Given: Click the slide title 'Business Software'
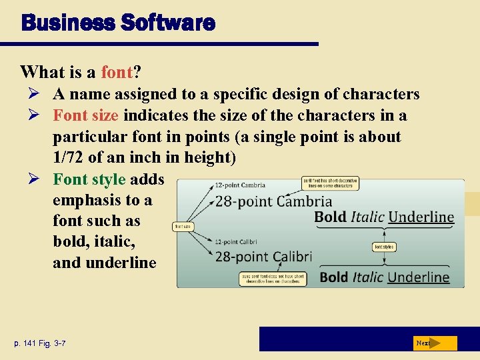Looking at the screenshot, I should pyautogui.click(x=118, y=23).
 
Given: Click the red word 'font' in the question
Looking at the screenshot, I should pyautogui.click(x=117, y=71).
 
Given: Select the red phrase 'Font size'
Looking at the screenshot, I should pyautogui.click(x=86, y=115).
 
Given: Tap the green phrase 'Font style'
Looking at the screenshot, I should pyautogui.click(x=89, y=179).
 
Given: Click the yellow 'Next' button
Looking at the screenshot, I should pyautogui.click(x=434, y=343).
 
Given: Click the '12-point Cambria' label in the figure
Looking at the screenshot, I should pyautogui.click(x=240, y=185).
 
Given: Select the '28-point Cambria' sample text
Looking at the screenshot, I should pyautogui.click(x=273, y=201).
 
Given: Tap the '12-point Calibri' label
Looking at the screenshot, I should pyautogui.click(x=237, y=241).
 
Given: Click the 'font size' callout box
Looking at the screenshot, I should pyautogui.click(x=183, y=227).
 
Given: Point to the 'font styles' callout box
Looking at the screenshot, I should pyautogui.click(x=384, y=247).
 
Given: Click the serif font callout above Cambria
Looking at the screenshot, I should pyautogui.click(x=331, y=183).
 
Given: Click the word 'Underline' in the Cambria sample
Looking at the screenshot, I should pyautogui.click(x=421, y=217).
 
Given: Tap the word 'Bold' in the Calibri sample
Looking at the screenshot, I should pyautogui.click(x=334, y=277).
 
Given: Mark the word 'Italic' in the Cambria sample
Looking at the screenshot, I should pyautogui.click(x=367, y=217).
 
